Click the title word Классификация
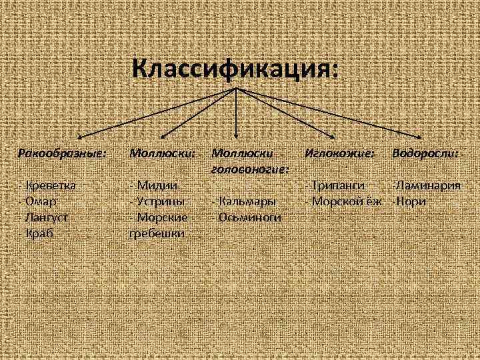click(x=234, y=69)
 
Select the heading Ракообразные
click(x=62, y=153)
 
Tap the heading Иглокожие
click(x=339, y=153)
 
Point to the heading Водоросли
click(x=425, y=153)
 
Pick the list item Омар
click(x=42, y=201)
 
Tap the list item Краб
click(x=39, y=233)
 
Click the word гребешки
click(x=157, y=233)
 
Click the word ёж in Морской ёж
click(x=374, y=201)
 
